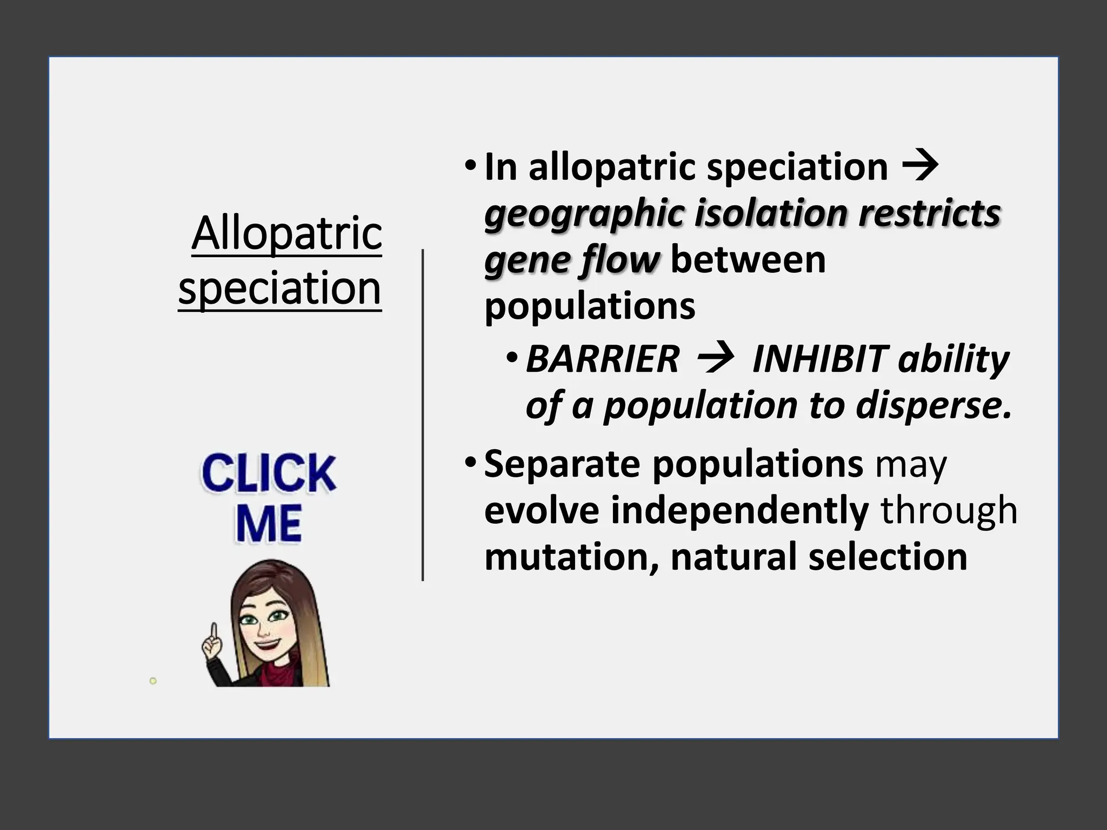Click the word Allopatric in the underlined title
pos(286,233)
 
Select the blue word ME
pos(269,524)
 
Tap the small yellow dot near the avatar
pos(153,681)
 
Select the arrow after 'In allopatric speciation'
pos(920,167)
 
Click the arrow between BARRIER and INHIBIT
pos(716,359)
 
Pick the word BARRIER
pos(602,359)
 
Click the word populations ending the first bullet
pos(589,306)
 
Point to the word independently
pos(739,510)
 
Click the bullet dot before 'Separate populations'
pos(470,463)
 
